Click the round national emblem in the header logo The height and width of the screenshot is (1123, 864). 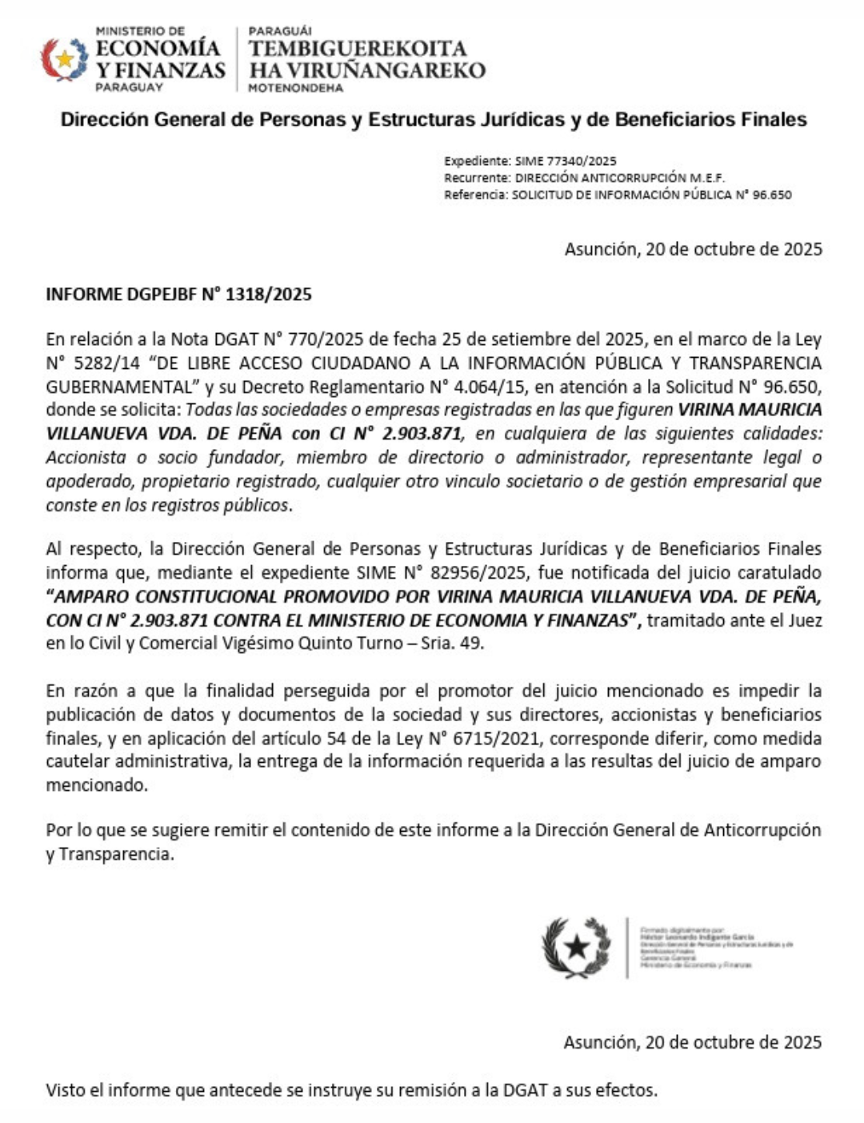64,59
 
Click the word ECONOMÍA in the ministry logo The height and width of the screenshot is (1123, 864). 158,48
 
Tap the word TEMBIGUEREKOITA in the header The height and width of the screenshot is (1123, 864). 358,49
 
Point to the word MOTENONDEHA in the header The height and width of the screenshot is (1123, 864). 295,87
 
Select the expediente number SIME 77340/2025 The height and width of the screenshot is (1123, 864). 566,161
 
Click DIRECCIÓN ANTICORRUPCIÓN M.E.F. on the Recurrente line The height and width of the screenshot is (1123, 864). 620,178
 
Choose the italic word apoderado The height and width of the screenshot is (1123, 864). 82,481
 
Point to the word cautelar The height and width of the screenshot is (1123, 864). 78,761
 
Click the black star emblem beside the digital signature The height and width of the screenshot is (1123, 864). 576,948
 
